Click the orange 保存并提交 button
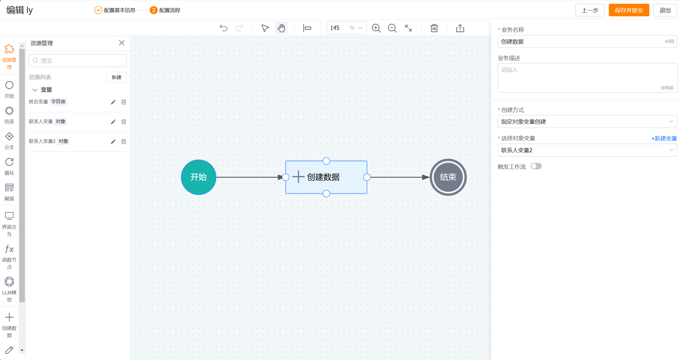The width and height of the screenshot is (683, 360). coord(629,10)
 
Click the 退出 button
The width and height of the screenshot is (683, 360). coord(665,10)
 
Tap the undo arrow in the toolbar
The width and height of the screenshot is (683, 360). coord(223,28)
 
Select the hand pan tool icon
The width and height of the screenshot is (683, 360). coord(281,28)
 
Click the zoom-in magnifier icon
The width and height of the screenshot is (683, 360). coord(376,28)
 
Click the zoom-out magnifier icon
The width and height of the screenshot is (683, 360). coord(392,28)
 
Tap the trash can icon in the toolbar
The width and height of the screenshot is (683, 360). coord(434,28)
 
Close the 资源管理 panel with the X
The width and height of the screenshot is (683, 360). coord(122,43)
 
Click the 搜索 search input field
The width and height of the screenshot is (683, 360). coord(78,61)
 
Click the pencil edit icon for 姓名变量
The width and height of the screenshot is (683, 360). coord(113,102)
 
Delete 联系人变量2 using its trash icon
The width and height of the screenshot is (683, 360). coord(124,142)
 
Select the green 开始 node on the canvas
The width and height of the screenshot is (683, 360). coord(199,177)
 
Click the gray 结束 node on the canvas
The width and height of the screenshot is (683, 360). coord(448,177)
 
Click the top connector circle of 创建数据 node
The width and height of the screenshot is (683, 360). coord(326,161)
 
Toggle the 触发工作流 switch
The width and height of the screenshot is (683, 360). coord(536,166)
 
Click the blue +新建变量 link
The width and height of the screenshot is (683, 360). coord(664,138)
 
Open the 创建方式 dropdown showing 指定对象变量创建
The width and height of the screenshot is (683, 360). coord(587,122)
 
